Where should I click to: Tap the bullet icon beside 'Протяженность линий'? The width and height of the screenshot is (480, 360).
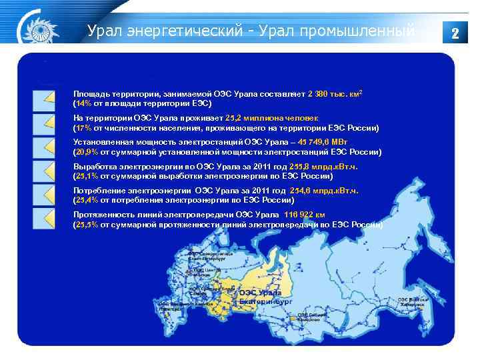pyautogui.click(x=44, y=218)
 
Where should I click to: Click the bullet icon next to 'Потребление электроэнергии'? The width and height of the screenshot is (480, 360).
pyautogui.click(x=44, y=194)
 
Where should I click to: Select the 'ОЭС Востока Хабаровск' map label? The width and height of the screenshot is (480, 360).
pyautogui.click(x=412, y=301)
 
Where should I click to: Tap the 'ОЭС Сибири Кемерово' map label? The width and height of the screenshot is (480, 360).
pyautogui.click(x=311, y=317)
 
